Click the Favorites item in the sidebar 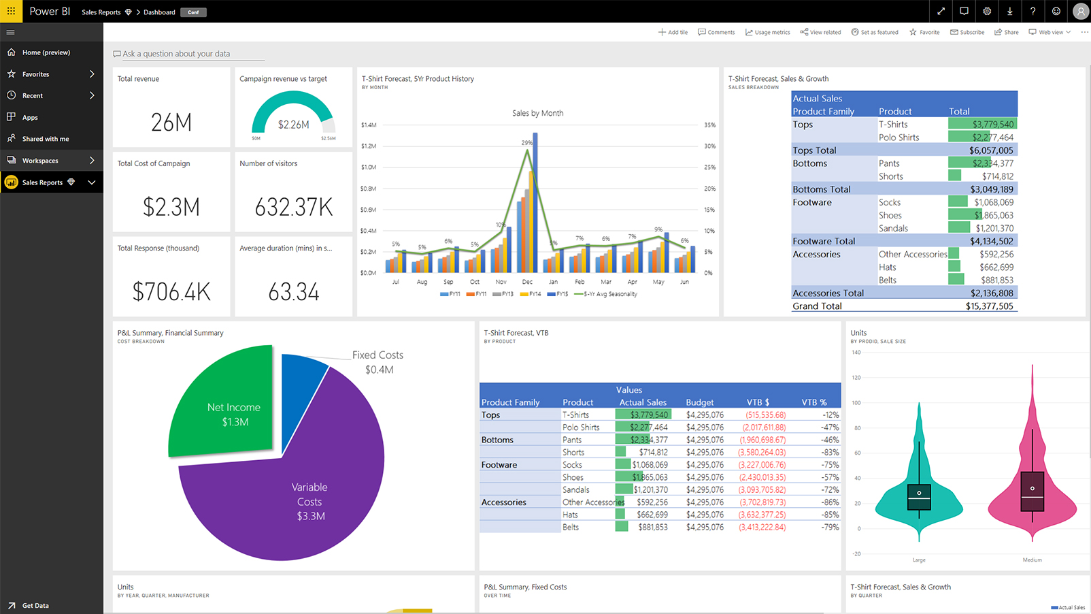coord(35,74)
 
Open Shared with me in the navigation coord(45,139)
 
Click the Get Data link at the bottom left coord(35,605)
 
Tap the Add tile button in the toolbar coord(673,32)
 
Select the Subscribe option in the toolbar coord(967,32)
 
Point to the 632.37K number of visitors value coord(293,207)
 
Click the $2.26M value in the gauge coord(293,125)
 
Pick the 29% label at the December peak coord(526,143)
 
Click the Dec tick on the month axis coord(527,282)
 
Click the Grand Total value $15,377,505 coord(989,306)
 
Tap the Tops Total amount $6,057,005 coord(990,150)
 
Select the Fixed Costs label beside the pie coord(377,355)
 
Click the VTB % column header coord(813,402)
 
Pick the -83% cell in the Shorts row coord(830,452)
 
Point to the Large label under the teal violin coord(918,560)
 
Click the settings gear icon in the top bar coord(986,11)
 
